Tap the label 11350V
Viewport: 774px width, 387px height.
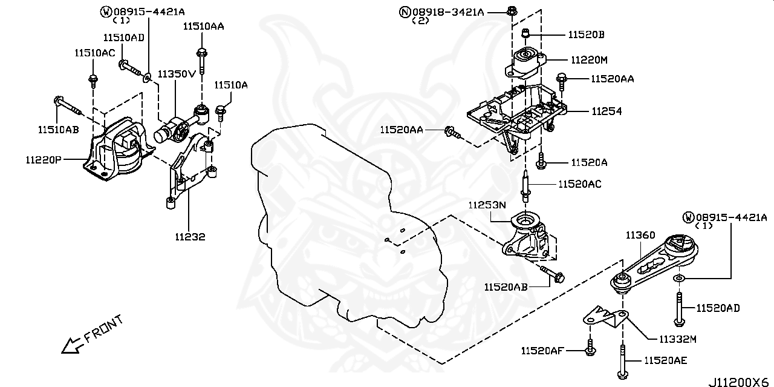(x=177, y=74)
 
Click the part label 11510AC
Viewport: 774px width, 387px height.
(x=94, y=53)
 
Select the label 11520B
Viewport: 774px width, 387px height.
(x=586, y=35)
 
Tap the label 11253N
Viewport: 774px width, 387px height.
(x=486, y=205)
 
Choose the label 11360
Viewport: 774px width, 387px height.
(x=640, y=235)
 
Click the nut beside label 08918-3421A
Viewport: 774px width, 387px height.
(x=511, y=10)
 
